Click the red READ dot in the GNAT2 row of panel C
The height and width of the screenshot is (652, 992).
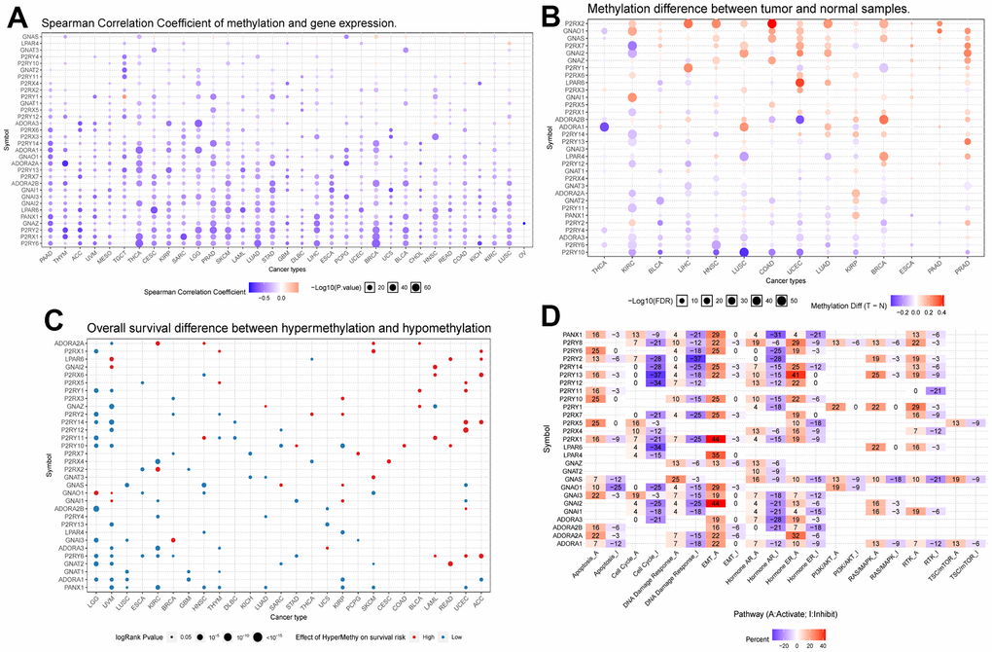coord(449,563)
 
